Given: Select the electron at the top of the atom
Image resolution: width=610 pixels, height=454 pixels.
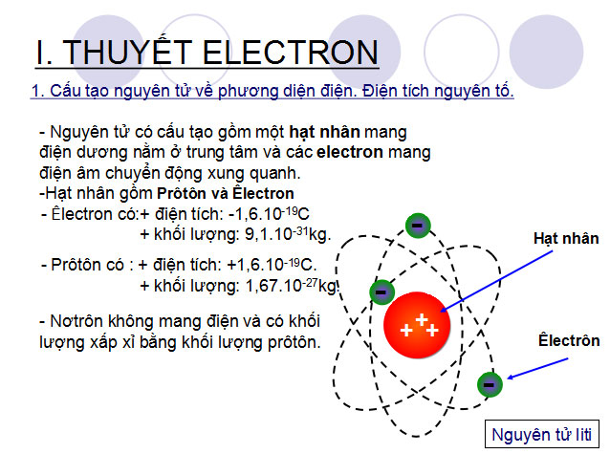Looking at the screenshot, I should coord(417,226).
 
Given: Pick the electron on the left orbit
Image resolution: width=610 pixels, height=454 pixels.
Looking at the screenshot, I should coord(381,291).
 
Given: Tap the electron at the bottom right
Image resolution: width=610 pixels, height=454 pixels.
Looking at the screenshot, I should coord(490,383).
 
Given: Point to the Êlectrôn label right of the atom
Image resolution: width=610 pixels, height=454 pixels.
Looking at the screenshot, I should coord(569,340).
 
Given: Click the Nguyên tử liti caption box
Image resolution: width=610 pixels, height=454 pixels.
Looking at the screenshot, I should coord(542,435).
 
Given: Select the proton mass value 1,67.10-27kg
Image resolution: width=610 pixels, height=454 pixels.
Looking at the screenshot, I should coord(287,285).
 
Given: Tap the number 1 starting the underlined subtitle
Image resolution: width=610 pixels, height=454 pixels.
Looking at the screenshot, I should coord(35,92).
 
